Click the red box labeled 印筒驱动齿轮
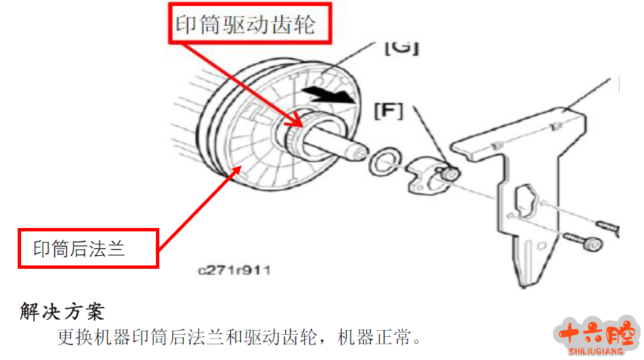tap(250, 23)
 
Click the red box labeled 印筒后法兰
tap(88, 248)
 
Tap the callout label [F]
tap(389, 111)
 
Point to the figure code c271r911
tap(234, 270)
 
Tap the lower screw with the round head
tap(583, 241)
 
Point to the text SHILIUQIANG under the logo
tap(596, 351)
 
